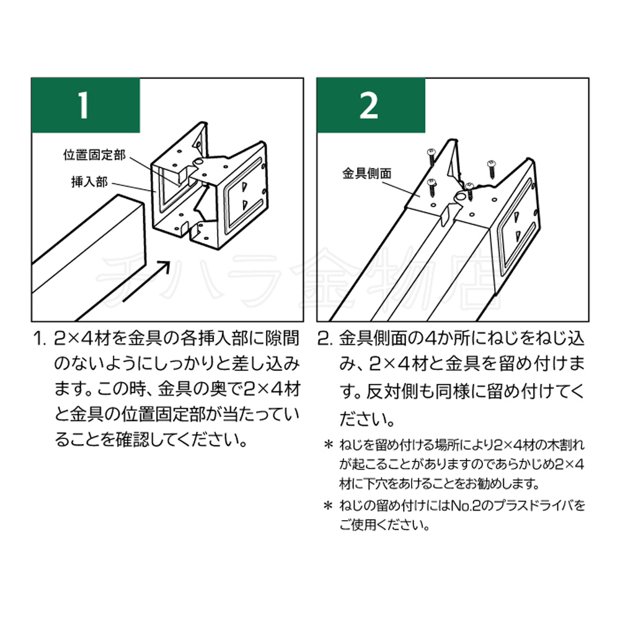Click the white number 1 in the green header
pos(84,105)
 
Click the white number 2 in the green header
pos(370,105)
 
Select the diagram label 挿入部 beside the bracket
pos(90,182)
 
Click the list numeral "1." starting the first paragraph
pos(40,339)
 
